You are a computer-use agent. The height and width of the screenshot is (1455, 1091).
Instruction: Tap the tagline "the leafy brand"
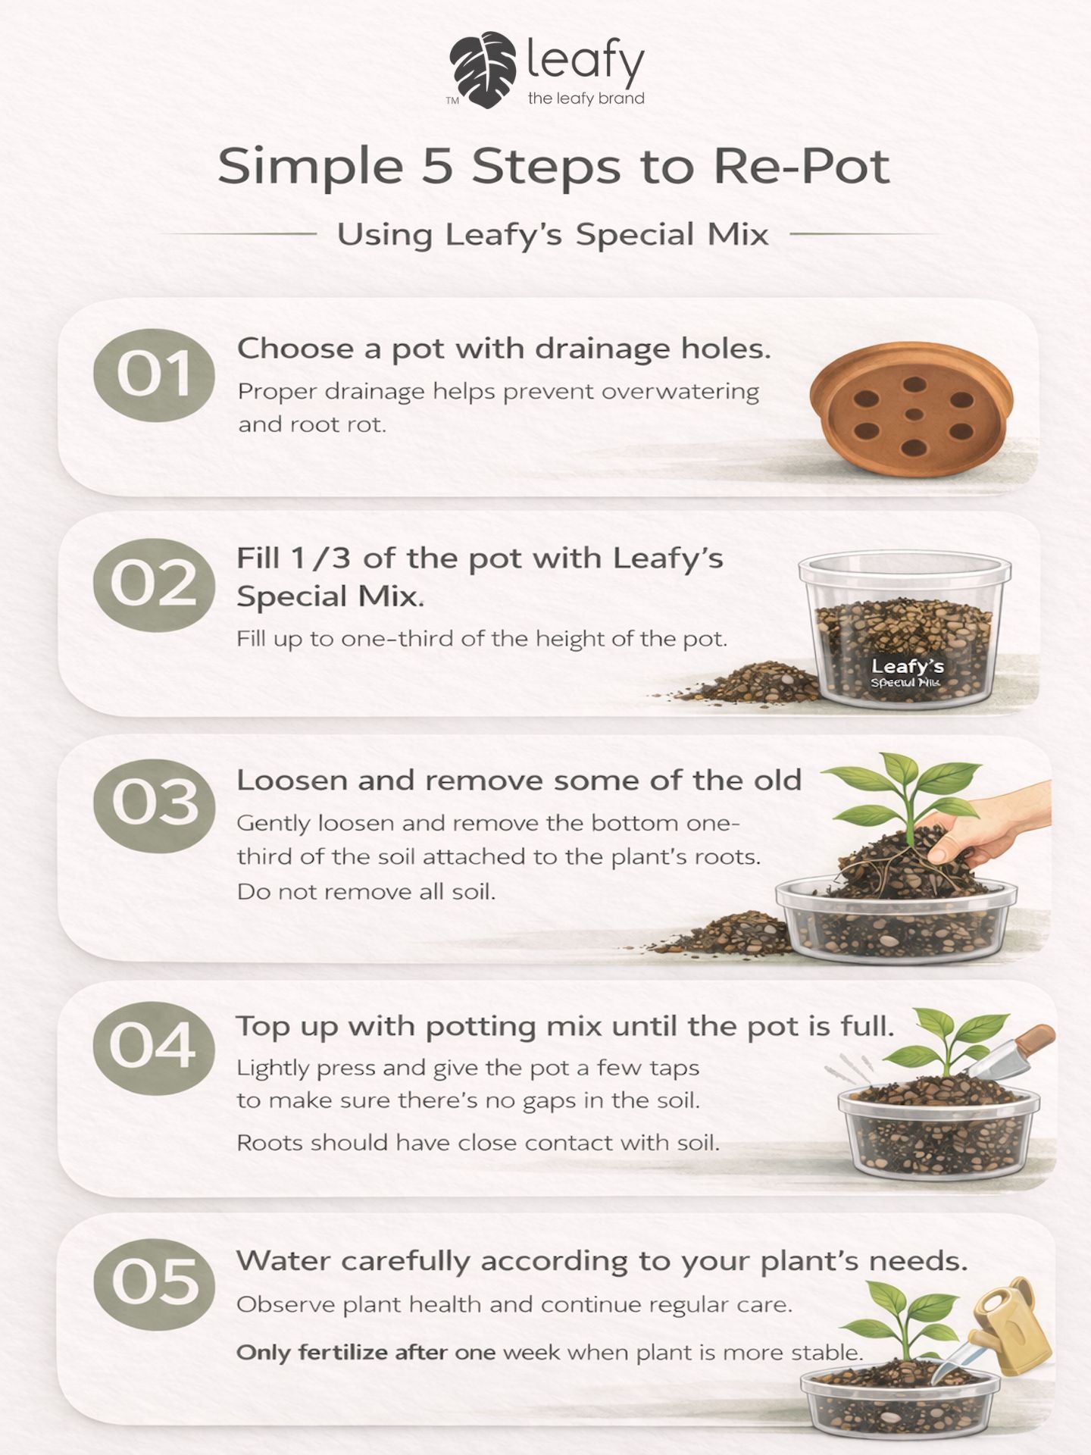point(586,98)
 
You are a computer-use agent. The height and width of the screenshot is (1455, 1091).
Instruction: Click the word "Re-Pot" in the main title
point(801,166)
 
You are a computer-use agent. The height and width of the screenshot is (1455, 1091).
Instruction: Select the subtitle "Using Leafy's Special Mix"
point(552,234)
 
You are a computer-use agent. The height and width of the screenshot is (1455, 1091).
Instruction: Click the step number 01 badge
point(154,375)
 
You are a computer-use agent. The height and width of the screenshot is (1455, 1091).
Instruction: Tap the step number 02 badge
point(154,585)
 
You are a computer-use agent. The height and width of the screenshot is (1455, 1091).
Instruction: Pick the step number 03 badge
point(154,805)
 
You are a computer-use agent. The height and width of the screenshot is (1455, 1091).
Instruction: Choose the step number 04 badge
point(154,1047)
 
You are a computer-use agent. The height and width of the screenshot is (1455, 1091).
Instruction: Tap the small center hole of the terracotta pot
point(914,414)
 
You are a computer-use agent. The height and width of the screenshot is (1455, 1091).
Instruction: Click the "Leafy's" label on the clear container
point(907,666)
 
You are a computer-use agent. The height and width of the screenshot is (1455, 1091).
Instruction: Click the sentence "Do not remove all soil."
point(366,891)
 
